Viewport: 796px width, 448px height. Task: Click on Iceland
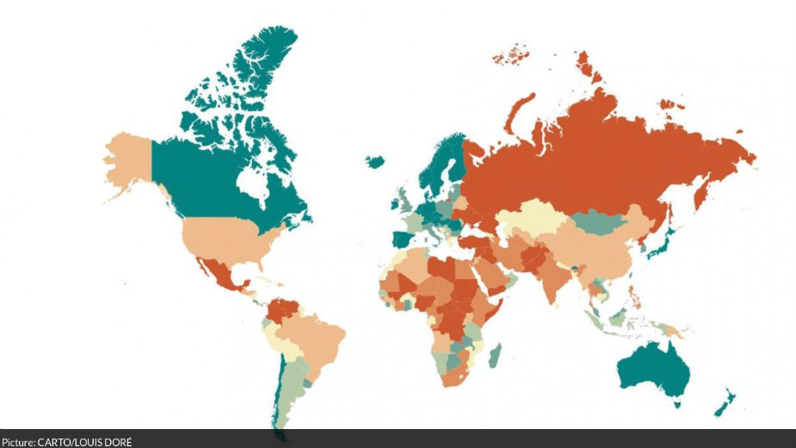pyautogui.click(x=374, y=161)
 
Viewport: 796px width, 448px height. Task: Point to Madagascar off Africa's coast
pyautogui.click(x=495, y=355)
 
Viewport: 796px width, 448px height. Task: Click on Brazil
pyautogui.click(x=314, y=336)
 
